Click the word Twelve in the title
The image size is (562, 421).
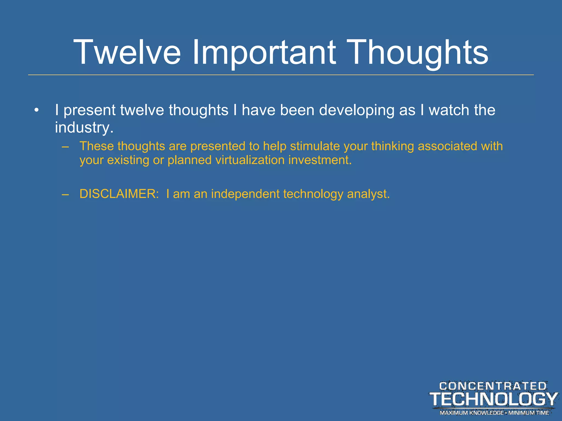pos(127,52)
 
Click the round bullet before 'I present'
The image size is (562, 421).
pos(36,110)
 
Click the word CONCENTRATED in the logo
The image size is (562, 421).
pos(493,386)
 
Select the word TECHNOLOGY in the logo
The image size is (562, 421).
pos(493,399)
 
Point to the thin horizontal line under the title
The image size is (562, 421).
pos(281,75)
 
